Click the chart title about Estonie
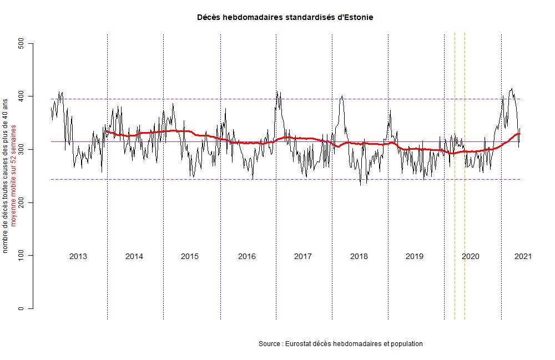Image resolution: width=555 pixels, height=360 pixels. tap(285, 18)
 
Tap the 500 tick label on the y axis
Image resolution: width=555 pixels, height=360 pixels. tap(21, 43)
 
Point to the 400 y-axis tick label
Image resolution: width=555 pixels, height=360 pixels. tap(21, 97)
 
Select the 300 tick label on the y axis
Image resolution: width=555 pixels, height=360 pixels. tap(21, 150)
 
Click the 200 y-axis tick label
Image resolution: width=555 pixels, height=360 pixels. tap(21, 202)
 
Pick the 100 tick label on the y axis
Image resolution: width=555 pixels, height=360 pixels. tap(21, 256)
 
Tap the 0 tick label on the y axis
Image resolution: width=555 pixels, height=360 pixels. tap(21, 308)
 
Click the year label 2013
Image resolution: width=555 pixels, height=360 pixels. tap(78, 256)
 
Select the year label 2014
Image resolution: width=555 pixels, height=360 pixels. tap(134, 256)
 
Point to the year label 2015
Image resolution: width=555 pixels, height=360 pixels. tap(190, 256)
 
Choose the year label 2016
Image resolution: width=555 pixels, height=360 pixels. tap(246, 256)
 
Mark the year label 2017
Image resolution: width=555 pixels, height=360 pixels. tap(302, 256)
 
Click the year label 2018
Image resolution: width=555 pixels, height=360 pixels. tap(359, 256)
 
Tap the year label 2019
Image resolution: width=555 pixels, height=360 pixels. tap(415, 256)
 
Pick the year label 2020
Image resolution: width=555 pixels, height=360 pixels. tap(471, 256)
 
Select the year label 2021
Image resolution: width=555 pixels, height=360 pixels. tap(523, 256)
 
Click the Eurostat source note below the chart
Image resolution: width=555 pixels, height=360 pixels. tap(341, 344)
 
